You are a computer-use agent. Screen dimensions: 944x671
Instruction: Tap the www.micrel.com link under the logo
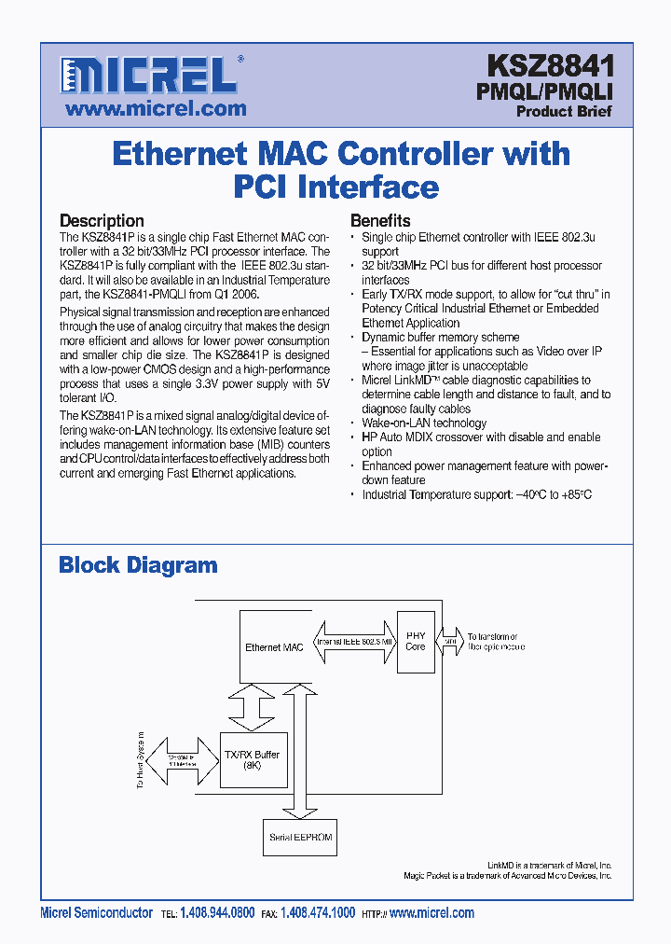click(x=156, y=108)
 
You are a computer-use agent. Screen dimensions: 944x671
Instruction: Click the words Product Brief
click(x=564, y=111)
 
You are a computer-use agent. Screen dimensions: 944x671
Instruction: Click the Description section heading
click(x=102, y=221)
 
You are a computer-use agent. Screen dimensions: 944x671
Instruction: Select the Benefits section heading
click(x=380, y=221)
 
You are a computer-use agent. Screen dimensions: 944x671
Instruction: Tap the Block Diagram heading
click(x=138, y=564)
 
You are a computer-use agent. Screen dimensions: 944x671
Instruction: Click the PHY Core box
click(x=416, y=641)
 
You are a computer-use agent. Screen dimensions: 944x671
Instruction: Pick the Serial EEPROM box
click(x=299, y=837)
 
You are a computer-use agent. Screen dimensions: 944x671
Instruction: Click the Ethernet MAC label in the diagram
click(x=274, y=647)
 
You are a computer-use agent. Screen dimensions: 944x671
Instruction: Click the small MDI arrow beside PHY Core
click(x=449, y=642)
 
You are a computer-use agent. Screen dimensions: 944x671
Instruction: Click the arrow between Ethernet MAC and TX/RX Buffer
click(x=250, y=707)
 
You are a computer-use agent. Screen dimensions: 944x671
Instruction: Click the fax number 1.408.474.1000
click(x=318, y=914)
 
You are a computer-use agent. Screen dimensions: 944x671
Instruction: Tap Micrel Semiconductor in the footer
click(x=97, y=914)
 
